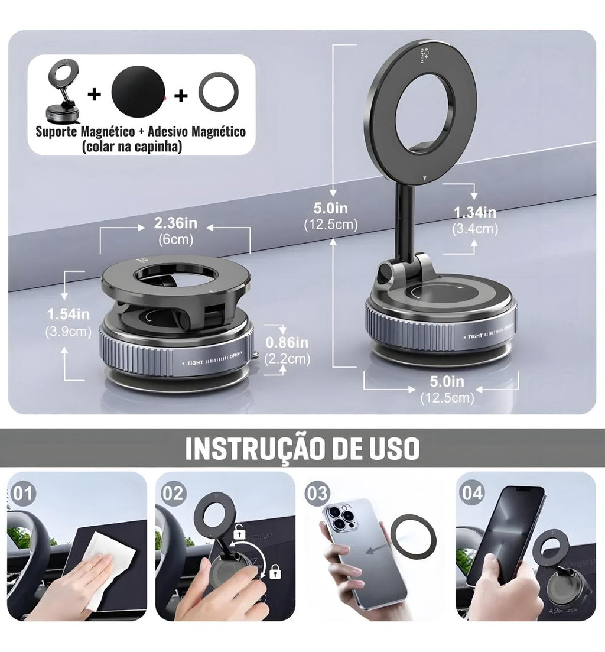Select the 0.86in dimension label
pos(287,343)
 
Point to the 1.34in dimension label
pos(474,213)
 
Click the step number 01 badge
pos(24,492)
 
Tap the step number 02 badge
pos(173,492)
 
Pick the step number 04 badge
pos(472,492)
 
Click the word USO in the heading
pos(390,449)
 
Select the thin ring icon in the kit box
pos(218,93)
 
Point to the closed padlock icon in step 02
pos(275,571)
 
